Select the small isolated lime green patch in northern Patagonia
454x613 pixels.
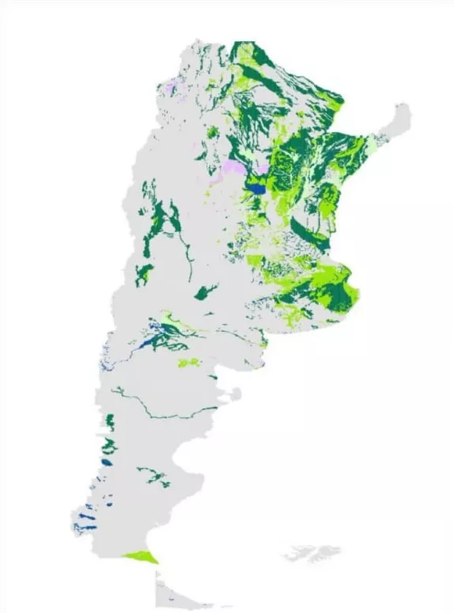(x=189, y=363)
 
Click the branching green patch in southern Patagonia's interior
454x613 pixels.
(x=155, y=477)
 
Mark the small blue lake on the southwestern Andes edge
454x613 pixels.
(x=108, y=461)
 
